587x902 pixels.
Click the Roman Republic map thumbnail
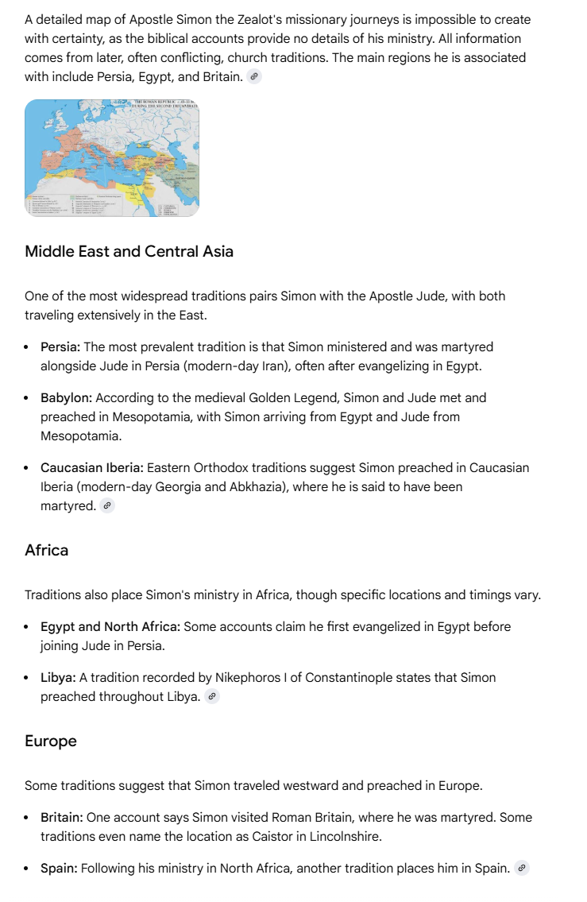111,158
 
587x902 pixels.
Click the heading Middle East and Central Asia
129,251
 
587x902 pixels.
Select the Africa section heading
46,550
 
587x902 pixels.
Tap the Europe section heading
51,741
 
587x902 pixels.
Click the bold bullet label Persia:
60,346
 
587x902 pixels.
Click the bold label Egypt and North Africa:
110,626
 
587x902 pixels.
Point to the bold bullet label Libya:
58,677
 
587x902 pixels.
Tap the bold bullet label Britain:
62,817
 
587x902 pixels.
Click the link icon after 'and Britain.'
254,77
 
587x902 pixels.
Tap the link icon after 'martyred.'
107,506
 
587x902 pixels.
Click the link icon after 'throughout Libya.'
211,697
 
